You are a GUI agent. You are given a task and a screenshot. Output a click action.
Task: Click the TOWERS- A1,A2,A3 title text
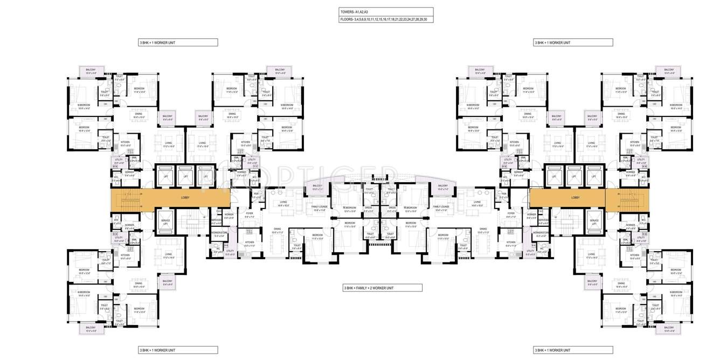(x=354, y=11)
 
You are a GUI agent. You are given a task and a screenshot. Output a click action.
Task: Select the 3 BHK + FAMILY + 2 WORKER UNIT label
(x=369, y=288)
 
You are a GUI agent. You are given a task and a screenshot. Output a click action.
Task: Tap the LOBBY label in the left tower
(x=185, y=198)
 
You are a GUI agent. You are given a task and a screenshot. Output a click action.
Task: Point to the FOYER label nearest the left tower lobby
(x=250, y=213)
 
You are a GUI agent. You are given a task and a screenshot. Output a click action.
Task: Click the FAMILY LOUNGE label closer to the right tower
(x=441, y=208)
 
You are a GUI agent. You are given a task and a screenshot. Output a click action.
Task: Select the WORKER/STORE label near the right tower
(x=542, y=233)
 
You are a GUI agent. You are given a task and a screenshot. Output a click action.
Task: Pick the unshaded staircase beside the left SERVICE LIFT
(x=192, y=223)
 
